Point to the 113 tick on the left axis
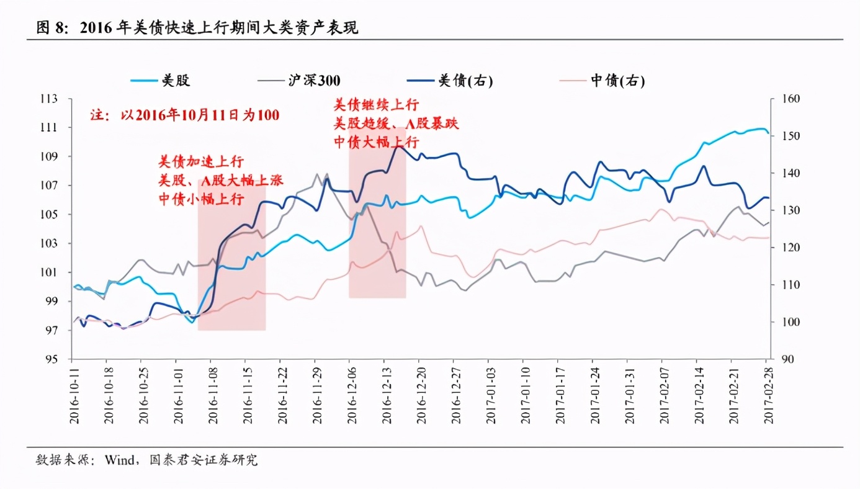pyautogui.click(x=57, y=99)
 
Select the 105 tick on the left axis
pyautogui.click(x=57, y=215)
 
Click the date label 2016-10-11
pyautogui.click(x=73, y=394)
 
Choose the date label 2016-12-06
pyautogui.click(x=350, y=394)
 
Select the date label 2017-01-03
pyautogui.click(x=489, y=394)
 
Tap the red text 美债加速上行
pyautogui.click(x=200, y=163)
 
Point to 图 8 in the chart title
pyautogui.click(x=53, y=29)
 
